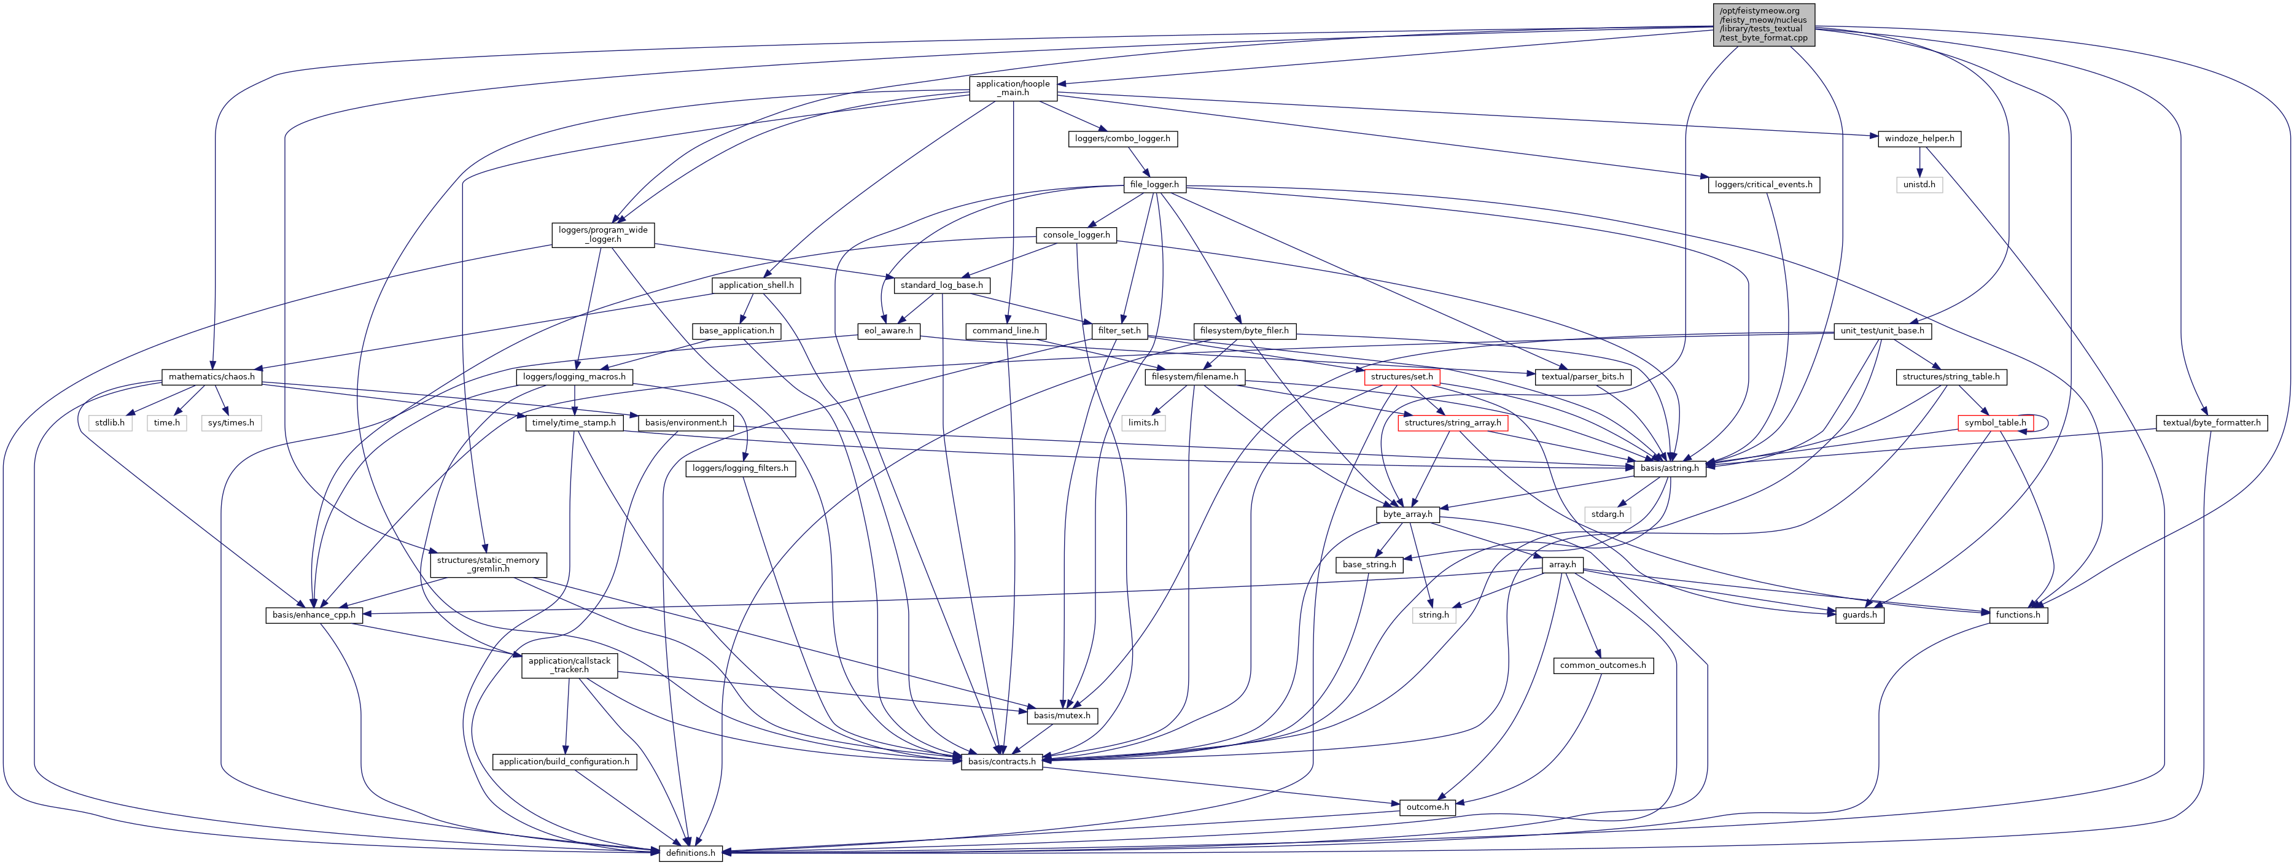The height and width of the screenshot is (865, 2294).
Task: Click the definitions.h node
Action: tap(690, 853)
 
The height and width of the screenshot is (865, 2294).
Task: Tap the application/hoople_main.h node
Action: tap(1013, 88)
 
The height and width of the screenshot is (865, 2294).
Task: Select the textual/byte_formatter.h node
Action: tap(2211, 423)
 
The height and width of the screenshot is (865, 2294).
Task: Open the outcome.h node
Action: tap(1426, 807)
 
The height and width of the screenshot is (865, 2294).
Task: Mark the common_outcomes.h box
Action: tap(1603, 665)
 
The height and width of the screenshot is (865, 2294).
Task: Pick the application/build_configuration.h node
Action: tap(564, 762)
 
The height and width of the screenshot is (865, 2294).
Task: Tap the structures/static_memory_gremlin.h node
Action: tap(488, 564)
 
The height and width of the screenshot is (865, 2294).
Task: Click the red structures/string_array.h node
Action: tap(1452, 423)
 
